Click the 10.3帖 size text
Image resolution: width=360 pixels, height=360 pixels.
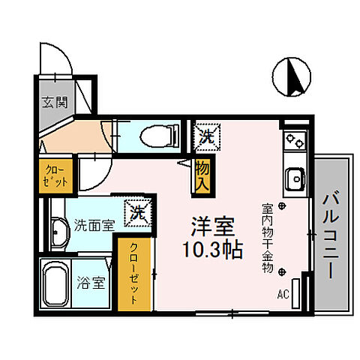pos(211,250)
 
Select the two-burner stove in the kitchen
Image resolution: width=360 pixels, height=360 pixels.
pos(293,139)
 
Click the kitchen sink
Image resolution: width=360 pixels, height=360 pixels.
pos(294,179)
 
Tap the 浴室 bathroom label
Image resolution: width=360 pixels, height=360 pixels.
pos(93,283)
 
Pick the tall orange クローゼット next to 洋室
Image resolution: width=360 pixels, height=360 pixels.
pos(133,273)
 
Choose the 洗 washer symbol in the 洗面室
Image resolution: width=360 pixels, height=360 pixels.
pos(138,212)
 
